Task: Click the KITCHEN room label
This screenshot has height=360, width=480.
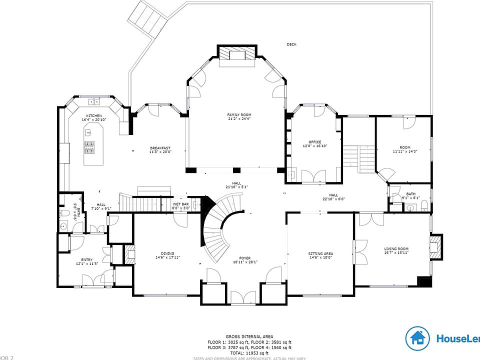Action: pos(93,115)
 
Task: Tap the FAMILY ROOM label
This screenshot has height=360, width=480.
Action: pos(239,114)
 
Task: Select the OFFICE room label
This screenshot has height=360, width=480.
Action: pos(315,141)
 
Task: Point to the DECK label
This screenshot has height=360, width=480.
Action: pos(291,44)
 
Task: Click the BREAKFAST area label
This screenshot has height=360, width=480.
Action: pos(160,147)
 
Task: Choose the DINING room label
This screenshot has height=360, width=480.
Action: pos(167,253)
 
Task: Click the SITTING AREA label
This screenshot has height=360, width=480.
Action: pos(320,253)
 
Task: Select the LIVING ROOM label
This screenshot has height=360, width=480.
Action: pos(396,248)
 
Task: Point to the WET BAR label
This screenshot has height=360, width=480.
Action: pos(180,204)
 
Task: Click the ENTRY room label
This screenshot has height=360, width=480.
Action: pos(87,259)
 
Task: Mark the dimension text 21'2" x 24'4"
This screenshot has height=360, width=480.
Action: pos(239,119)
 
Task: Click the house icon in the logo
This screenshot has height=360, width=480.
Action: pos(417,339)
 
